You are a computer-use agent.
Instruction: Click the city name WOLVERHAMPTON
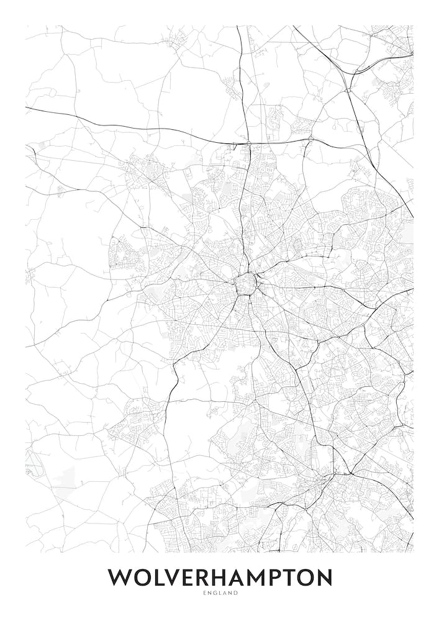[x=220, y=578]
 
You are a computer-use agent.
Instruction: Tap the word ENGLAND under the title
[x=220, y=594]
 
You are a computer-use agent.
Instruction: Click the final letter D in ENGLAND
[x=236, y=594]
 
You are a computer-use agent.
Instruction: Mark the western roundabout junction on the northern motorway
[x=248, y=144]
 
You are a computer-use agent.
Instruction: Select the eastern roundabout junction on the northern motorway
[x=310, y=140]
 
